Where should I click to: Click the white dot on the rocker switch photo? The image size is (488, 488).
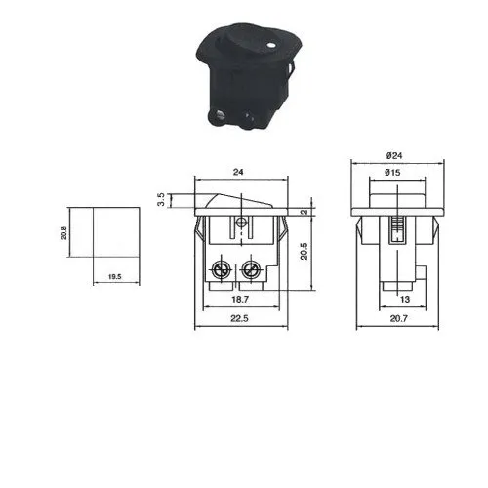[x=270, y=45]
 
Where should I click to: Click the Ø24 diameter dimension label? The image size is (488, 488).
[x=394, y=156]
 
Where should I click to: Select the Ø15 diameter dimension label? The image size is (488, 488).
[x=392, y=173]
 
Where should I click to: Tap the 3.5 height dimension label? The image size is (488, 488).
[x=161, y=199]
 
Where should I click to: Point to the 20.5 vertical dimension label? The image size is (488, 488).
[x=305, y=251]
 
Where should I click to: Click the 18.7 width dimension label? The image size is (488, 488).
[x=240, y=300]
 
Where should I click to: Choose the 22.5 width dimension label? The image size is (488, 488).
[x=239, y=318]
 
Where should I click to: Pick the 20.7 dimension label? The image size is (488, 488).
[x=398, y=318]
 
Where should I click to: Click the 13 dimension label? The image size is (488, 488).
[x=405, y=300]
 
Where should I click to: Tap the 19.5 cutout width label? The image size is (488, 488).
[x=114, y=277]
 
